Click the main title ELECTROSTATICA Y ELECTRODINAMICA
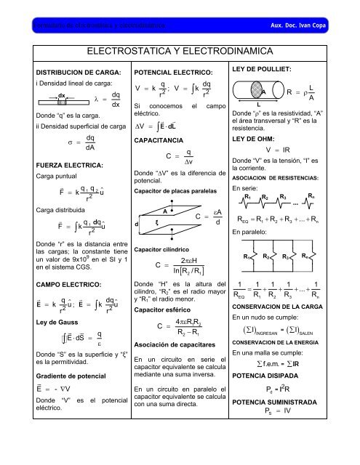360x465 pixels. pos(180,52)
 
